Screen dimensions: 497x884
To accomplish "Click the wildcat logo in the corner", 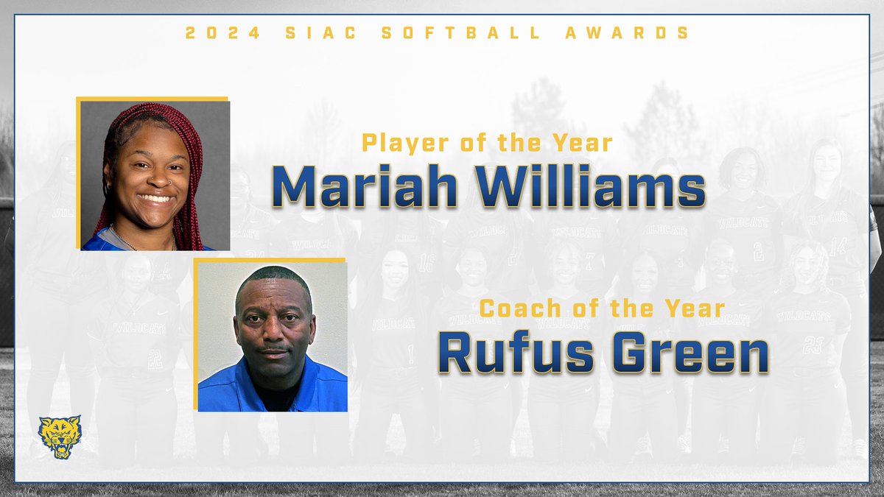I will click(x=60, y=437).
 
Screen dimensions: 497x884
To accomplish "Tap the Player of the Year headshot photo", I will click(x=155, y=176).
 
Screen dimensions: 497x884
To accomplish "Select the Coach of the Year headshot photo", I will click(x=273, y=336).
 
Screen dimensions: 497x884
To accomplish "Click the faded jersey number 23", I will click(x=813, y=344).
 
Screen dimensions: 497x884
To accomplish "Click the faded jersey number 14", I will click(x=838, y=245).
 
